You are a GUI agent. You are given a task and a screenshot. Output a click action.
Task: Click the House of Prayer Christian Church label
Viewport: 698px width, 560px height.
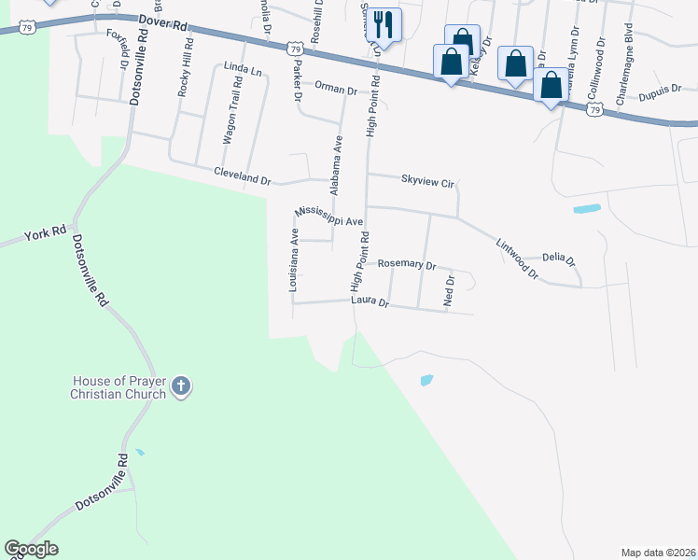(x=119, y=387)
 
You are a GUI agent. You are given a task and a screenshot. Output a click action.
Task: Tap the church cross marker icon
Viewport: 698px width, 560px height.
(x=181, y=385)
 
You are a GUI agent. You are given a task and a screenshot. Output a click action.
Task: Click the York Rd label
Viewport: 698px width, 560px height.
(x=46, y=231)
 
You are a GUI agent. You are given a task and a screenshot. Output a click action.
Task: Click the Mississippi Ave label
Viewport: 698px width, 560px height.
(x=328, y=217)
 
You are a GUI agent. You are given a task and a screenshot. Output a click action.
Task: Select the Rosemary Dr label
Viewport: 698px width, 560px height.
(x=407, y=265)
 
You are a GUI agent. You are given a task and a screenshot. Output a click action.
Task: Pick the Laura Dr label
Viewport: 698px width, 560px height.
(x=369, y=301)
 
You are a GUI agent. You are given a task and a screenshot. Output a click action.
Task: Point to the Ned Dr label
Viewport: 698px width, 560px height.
(x=449, y=291)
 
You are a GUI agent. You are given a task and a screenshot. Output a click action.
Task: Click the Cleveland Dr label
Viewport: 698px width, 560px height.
(x=242, y=174)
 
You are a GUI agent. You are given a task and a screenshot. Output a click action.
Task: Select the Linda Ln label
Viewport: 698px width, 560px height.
(x=242, y=67)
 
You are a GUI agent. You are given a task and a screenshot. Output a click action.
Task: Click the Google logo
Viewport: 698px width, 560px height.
(x=31, y=549)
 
